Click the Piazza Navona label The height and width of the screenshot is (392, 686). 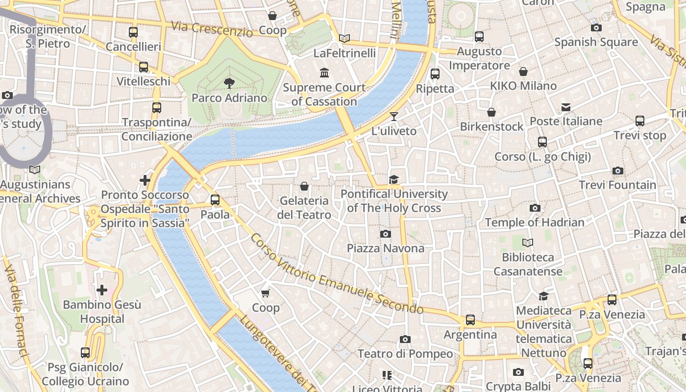point(386,248)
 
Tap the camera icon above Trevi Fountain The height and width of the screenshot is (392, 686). point(618,171)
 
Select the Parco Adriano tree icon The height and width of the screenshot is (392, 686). point(229,83)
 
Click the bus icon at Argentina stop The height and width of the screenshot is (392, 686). point(470,320)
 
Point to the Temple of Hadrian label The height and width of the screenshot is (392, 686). point(535,222)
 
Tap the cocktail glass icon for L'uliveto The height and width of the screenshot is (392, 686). point(393,116)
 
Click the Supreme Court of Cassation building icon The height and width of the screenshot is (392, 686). point(324,73)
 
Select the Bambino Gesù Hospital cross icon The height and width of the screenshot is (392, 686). point(102,290)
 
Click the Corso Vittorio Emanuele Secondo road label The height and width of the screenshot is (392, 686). point(337,274)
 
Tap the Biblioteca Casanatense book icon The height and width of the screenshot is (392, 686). point(528,243)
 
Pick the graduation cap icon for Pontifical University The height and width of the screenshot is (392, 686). point(393,179)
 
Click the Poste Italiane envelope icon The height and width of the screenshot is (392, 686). point(566,107)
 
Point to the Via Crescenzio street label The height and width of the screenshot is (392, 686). point(212,29)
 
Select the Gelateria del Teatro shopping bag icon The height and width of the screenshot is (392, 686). point(304,186)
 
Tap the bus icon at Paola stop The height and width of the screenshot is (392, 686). point(215,200)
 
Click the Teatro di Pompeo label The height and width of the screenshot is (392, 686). point(405,354)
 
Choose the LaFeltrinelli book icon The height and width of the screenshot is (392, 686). point(344,38)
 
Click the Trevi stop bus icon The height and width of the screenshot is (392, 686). point(639,121)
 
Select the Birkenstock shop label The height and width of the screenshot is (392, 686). point(491,126)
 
